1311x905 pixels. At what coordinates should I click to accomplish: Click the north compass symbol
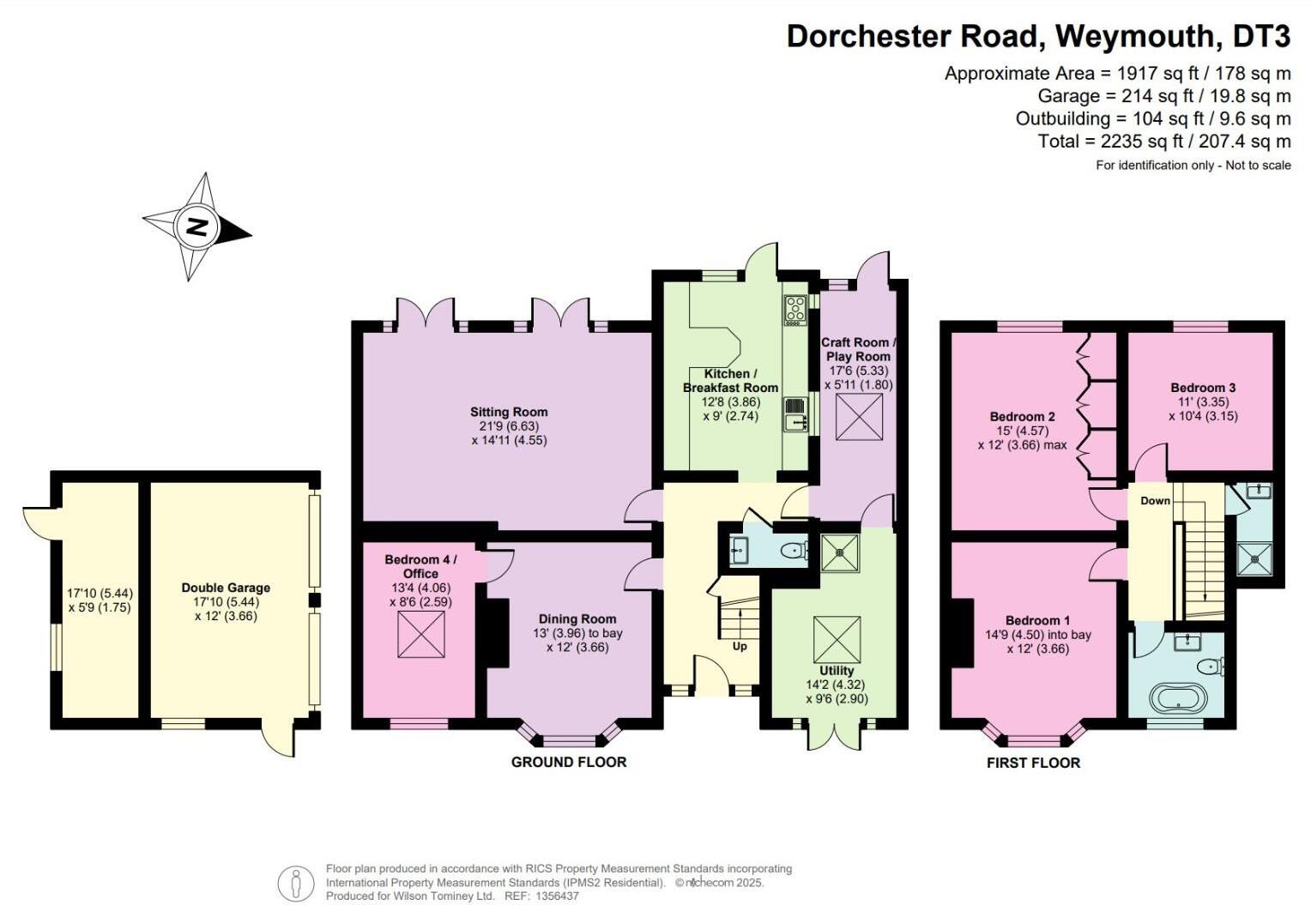(x=197, y=227)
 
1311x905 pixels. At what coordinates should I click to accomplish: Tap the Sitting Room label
(x=509, y=412)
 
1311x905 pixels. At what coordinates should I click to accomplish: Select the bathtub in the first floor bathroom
(x=1175, y=697)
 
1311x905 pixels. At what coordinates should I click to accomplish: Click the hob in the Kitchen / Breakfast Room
(x=794, y=310)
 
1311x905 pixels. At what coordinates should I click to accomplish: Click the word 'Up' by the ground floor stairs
(x=740, y=646)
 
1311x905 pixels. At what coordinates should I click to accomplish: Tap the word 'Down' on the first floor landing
(x=1155, y=500)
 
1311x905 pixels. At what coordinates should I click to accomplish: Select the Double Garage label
(x=226, y=588)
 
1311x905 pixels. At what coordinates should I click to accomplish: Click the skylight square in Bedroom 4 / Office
(x=421, y=636)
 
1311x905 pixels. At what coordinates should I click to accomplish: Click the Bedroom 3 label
(x=1203, y=388)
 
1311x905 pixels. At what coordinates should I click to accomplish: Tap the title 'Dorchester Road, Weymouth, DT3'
(x=1038, y=36)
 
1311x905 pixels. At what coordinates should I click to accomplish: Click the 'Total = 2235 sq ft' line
(x=1163, y=141)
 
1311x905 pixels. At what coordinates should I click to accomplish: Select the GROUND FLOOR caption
(x=569, y=762)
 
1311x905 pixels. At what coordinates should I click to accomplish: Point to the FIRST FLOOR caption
(x=1033, y=763)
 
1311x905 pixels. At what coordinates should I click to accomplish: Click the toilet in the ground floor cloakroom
(x=794, y=550)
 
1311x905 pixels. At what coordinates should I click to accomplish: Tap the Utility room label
(x=837, y=671)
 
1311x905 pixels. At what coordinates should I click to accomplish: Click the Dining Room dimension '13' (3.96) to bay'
(x=577, y=633)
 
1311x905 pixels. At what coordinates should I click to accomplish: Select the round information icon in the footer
(x=296, y=883)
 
